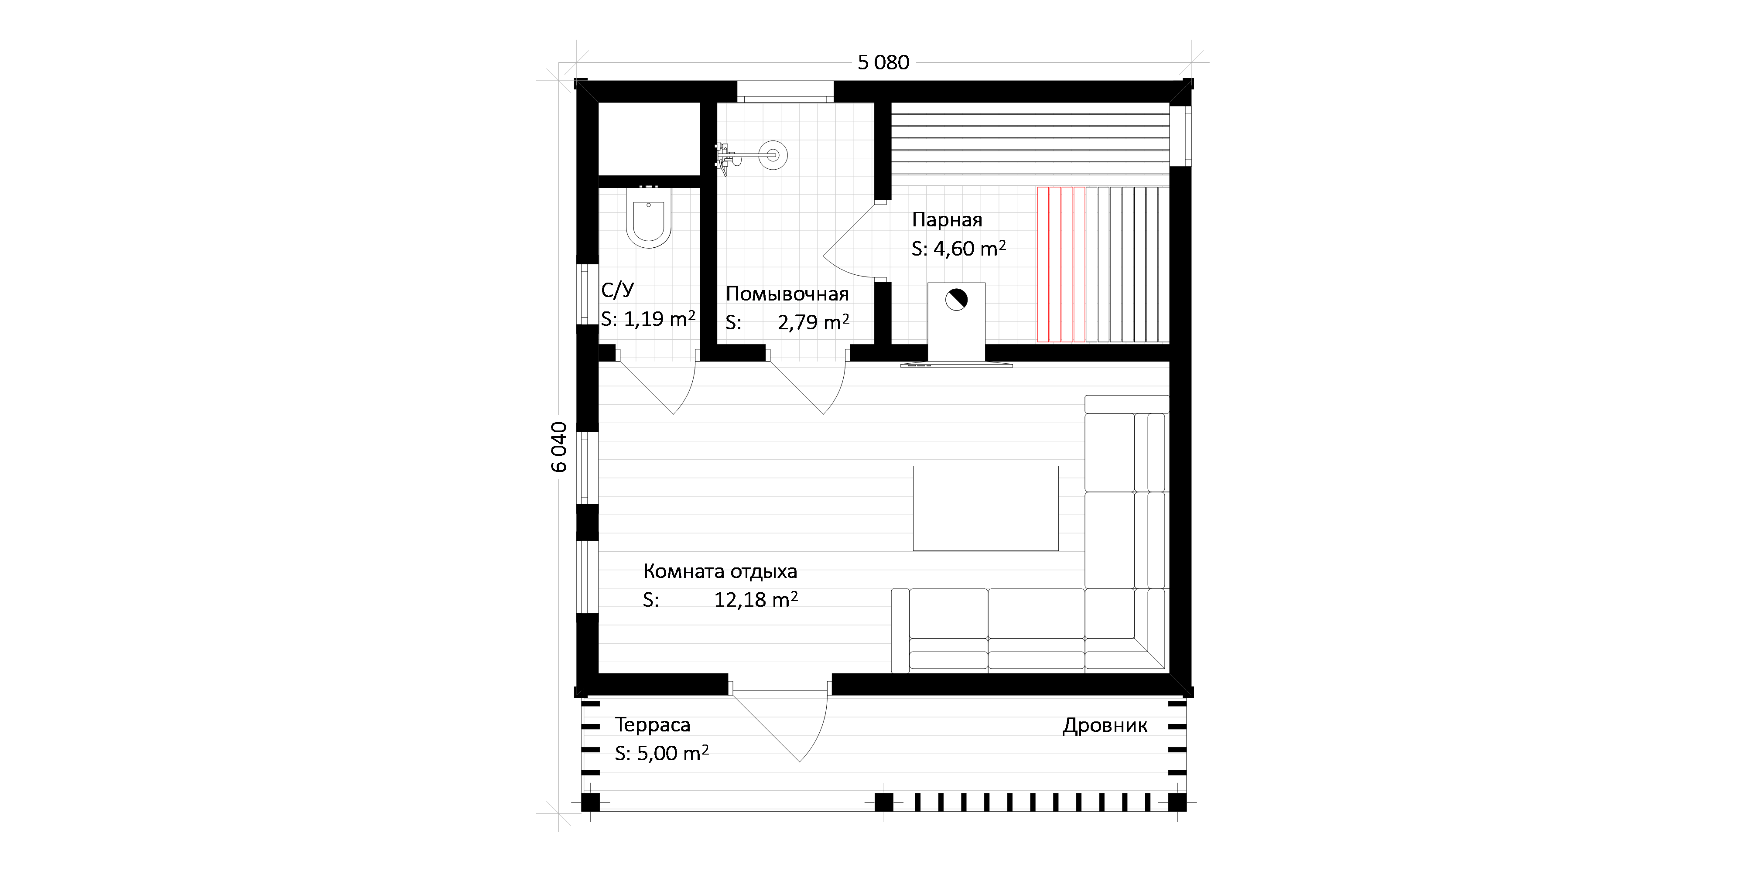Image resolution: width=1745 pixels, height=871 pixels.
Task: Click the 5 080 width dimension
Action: click(883, 62)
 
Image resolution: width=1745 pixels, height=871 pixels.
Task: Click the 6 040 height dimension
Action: click(560, 447)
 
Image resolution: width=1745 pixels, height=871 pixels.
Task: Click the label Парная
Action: click(946, 219)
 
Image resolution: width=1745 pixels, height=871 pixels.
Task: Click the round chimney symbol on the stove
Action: click(956, 299)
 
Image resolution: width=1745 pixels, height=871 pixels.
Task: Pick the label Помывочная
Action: click(787, 294)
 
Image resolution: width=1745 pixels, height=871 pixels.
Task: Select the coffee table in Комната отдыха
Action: click(985, 508)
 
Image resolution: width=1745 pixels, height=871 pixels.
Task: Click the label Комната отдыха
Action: click(720, 572)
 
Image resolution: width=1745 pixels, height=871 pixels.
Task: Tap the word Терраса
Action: click(652, 725)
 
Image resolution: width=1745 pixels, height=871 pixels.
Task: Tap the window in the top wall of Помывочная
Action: click(785, 92)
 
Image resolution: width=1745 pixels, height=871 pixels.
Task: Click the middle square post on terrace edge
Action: click(884, 802)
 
